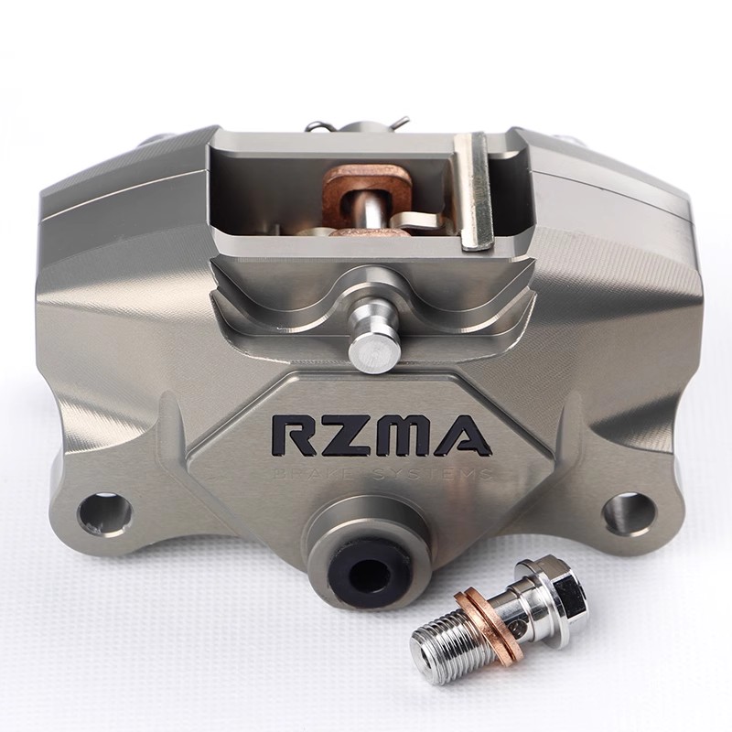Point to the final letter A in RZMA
click(x=465, y=436)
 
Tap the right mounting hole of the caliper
click(x=630, y=512)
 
